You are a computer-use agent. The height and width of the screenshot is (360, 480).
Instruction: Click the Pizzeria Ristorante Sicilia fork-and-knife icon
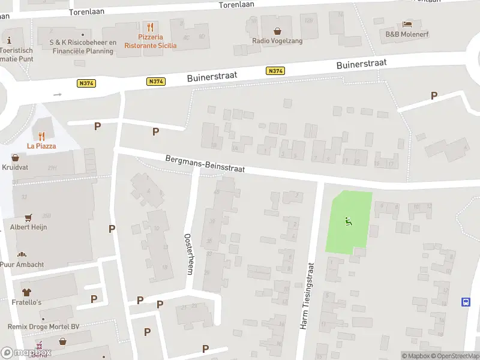[150, 27]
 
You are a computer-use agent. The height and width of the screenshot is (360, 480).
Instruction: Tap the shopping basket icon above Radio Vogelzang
[277, 31]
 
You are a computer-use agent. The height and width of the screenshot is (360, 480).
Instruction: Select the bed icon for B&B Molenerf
[407, 24]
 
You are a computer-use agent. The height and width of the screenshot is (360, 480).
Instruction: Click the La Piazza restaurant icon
[41, 136]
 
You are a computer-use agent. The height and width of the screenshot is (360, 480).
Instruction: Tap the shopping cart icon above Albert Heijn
[28, 218]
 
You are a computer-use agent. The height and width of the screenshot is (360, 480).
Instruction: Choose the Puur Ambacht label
[22, 264]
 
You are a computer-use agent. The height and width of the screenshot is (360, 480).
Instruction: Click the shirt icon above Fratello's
[26, 292]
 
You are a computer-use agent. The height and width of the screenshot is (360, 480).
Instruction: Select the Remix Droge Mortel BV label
[43, 326]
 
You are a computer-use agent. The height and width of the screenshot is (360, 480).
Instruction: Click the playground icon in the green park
[349, 221]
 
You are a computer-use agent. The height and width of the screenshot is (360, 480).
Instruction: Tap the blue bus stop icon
[466, 302]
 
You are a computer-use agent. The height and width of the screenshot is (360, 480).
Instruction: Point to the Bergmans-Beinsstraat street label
[205, 164]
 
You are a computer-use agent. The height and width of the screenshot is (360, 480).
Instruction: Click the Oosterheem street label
[188, 254]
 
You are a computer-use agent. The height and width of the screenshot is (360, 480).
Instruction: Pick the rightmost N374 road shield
[275, 71]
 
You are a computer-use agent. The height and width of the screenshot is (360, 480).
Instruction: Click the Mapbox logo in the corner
[26, 353]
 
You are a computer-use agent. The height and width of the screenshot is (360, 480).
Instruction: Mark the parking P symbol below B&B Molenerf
[434, 95]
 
